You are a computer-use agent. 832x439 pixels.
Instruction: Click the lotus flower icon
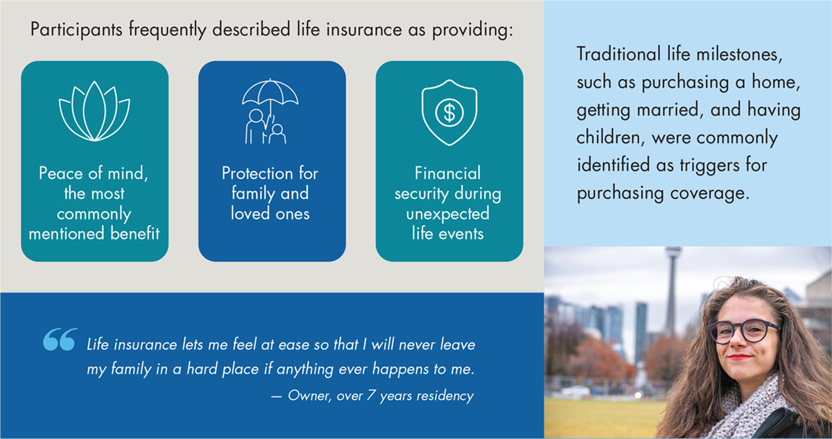pyautogui.click(x=94, y=111)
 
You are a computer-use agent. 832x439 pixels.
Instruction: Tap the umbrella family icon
pyautogui.click(x=270, y=112)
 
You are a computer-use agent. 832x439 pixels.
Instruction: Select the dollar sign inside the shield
pyautogui.click(x=449, y=113)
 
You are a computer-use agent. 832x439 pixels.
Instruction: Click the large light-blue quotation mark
pyautogui.click(x=60, y=339)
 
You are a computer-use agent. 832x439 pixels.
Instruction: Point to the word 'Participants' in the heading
pyautogui.click(x=76, y=30)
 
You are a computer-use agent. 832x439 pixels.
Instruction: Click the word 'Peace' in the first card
pyautogui.click(x=61, y=173)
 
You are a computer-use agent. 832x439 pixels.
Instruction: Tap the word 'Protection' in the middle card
pyautogui.click(x=257, y=173)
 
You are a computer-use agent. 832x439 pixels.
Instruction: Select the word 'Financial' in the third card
pyautogui.click(x=448, y=173)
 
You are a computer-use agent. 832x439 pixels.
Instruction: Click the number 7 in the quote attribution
pyautogui.click(x=371, y=395)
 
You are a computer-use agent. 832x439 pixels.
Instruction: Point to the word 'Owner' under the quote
pyautogui.click(x=309, y=396)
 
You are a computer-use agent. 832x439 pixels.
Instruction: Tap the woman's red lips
pyautogui.click(x=740, y=357)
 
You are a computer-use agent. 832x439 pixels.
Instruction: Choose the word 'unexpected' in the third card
pyautogui.click(x=448, y=214)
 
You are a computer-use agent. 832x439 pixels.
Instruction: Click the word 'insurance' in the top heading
pyautogui.click(x=363, y=29)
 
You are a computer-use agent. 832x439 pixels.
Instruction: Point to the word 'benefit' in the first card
pyautogui.click(x=135, y=233)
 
